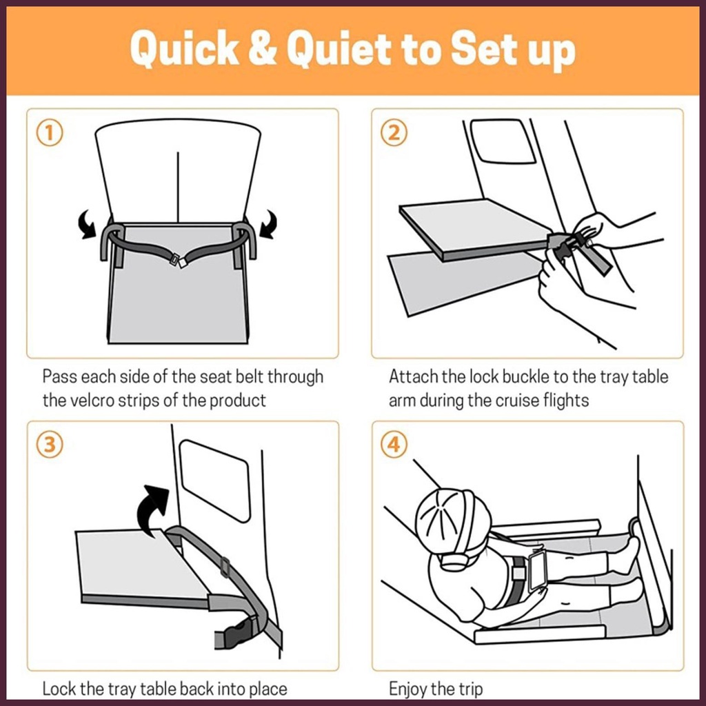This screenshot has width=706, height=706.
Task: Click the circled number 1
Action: [50, 133]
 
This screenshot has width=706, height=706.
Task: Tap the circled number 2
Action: [394, 133]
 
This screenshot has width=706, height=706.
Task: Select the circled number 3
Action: [50, 445]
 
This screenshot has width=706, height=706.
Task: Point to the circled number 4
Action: [394, 445]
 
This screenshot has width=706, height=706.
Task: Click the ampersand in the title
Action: [263, 48]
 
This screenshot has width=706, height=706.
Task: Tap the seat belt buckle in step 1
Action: [177, 261]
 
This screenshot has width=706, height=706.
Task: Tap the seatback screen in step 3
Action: [215, 481]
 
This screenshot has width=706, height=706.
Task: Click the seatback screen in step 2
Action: [503, 141]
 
